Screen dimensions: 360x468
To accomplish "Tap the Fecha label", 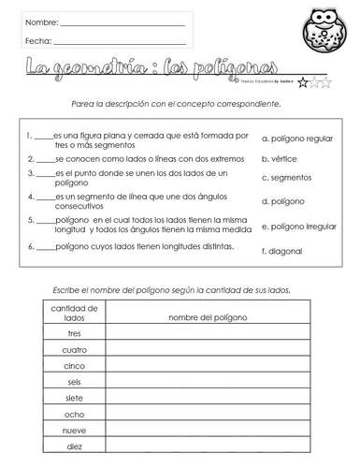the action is pos(38,41).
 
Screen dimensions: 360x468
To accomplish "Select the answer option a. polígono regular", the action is pos(298,138).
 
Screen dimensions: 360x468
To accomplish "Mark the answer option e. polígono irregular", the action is pos(300,226).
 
